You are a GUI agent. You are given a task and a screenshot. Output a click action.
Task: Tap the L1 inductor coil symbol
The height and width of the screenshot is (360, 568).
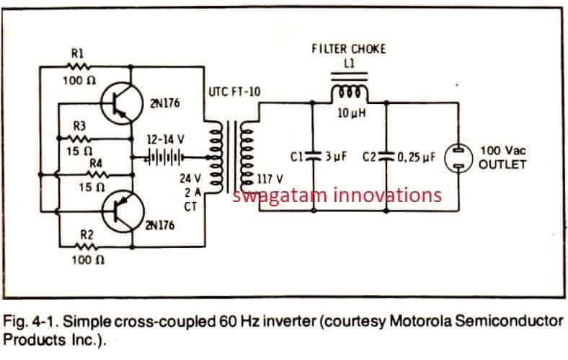tap(350, 95)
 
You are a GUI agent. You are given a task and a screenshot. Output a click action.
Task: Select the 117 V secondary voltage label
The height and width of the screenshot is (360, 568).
tap(272, 177)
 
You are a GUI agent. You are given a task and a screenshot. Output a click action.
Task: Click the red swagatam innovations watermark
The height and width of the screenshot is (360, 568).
tap(337, 195)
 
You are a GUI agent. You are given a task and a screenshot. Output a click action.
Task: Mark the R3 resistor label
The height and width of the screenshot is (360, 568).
tap(80, 126)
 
